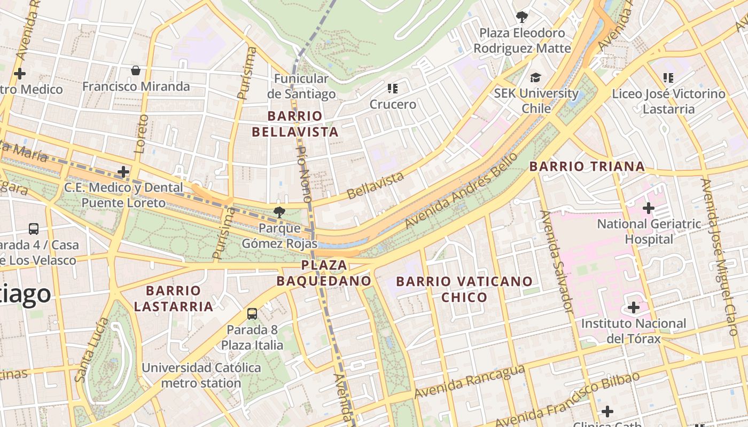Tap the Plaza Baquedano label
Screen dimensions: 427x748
click(x=324, y=273)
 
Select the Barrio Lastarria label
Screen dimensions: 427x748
click(x=173, y=298)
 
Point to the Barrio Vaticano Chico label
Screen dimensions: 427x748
click(x=464, y=289)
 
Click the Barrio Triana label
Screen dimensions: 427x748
click(x=587, y=166)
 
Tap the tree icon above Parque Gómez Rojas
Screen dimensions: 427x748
click(x=278, y=212)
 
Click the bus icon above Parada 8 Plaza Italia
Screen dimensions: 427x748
click(x=252, y=314)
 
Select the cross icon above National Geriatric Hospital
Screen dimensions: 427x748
click(x=649, y=208)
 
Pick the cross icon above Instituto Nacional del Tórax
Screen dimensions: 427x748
click(x=634, y=307)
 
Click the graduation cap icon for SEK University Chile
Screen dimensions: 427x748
click(x=535, y=78)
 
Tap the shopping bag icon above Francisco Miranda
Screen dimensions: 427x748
click(x=136, y=70)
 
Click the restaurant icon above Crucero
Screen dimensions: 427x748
click(x=393, y=88)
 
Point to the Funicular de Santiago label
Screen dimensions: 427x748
click(x=301, y=86)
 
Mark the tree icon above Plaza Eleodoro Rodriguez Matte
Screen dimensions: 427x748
click(x=521, y=17)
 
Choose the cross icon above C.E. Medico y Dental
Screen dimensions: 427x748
click(x=123, y=172)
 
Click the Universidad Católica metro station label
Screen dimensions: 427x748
click(x=201, y=375)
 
